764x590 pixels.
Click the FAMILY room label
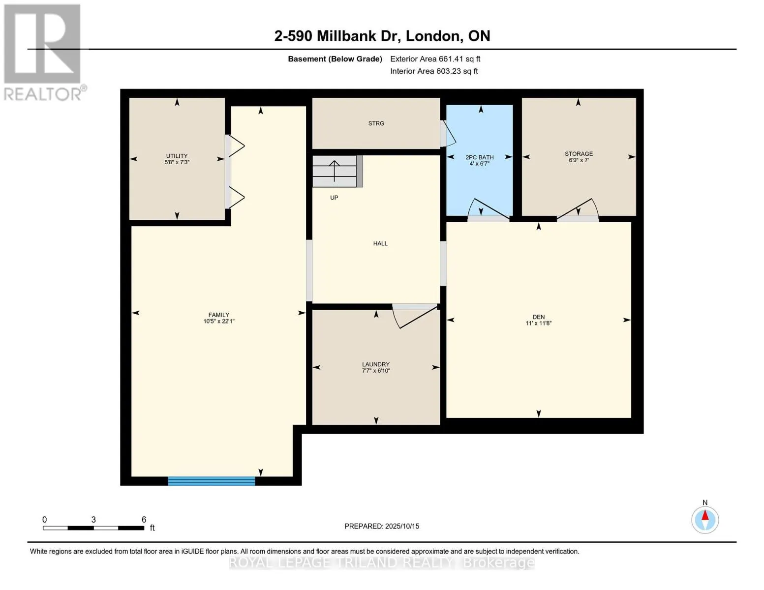tap(219, 315)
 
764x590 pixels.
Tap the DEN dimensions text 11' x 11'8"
tap(538, 324)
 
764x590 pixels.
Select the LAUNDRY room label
tap(376, 364)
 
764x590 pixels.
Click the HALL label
tap(380, 243)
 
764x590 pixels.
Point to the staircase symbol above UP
tap(335, 171)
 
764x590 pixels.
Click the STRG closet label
tap(376, 123)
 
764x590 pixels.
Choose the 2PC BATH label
tap(480, 157)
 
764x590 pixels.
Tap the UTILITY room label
tap(177, 156)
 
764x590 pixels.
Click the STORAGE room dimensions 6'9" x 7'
tap(579, 160)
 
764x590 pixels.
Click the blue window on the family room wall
tap(212, 481)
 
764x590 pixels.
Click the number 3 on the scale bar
tap(93, 520)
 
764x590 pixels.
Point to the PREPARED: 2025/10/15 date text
tap(382, 526)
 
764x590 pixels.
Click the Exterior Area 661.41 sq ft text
tap(435, 59)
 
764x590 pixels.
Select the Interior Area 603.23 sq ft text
tap(434, 71)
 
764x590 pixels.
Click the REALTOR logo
tap(43, 52)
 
